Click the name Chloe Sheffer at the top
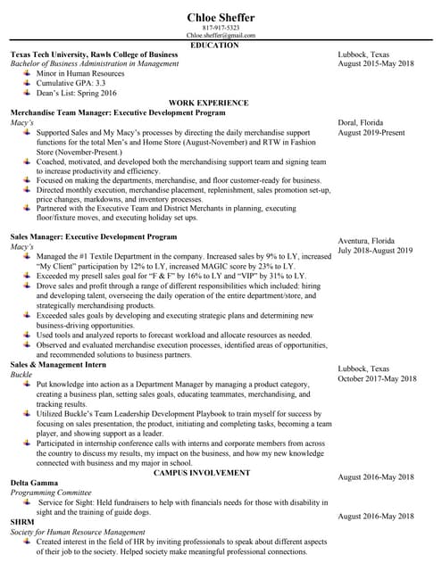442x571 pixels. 221,16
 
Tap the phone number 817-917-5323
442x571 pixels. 221,28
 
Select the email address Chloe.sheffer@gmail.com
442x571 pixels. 221,36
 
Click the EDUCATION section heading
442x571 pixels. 221,45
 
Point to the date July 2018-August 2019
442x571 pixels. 375,251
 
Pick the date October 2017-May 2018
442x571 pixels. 377,378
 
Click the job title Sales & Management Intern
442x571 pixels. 60,365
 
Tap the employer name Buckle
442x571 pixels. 21,375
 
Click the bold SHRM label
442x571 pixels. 22,521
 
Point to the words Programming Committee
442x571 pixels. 50,492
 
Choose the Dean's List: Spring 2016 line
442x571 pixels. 76,93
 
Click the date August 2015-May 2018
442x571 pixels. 376,64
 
